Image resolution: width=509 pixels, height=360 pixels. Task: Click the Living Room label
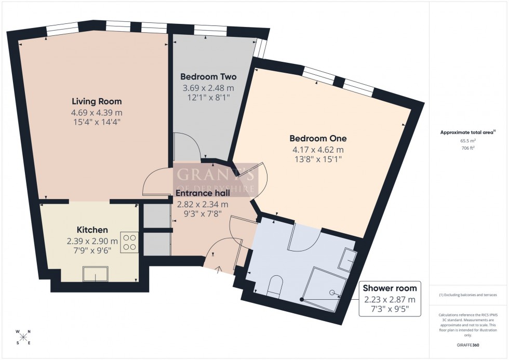pos(97,101)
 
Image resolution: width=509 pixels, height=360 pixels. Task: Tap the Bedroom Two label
pos(208,77)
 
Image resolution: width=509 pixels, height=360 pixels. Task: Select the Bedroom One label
pos(318,139)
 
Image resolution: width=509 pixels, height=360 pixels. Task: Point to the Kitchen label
pos(92,230)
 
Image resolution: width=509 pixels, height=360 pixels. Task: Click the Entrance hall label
pos(203,193)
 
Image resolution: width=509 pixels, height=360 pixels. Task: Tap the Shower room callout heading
pos(389,288)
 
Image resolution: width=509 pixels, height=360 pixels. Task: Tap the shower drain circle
pos(332,292)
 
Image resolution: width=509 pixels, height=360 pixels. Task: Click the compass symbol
pos(23,337)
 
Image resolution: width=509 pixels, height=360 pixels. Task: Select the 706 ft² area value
pos(468,148)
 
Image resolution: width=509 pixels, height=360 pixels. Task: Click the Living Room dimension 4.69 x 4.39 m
pos(97,113)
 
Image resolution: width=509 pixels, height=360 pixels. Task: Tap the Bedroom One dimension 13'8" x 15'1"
pos(318,159)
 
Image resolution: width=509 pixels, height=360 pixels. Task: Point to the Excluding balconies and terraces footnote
pos(468,295)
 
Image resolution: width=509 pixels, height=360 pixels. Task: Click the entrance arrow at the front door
pos(218,269)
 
